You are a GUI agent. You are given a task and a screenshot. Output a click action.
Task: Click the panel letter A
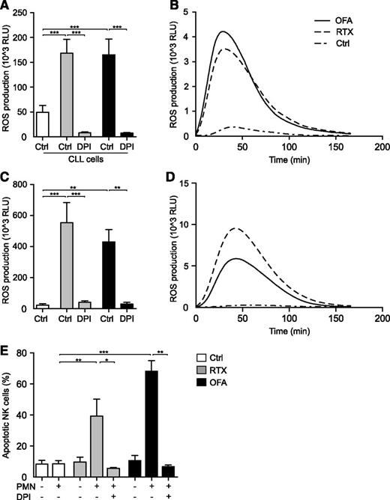(x=6, y=7)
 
